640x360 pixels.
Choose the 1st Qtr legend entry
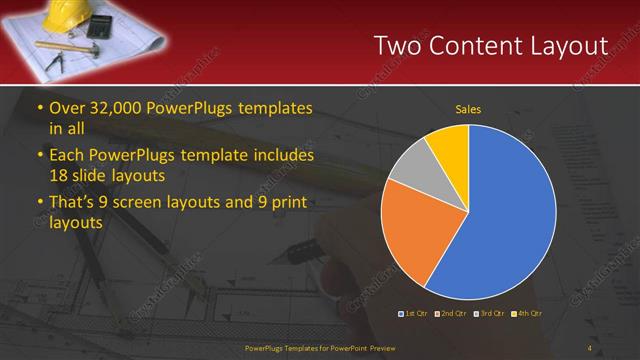[414, 314]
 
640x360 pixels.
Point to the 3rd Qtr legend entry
[489, 314]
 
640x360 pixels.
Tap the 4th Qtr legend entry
[527, 314]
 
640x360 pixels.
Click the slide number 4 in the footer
[589, 348]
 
